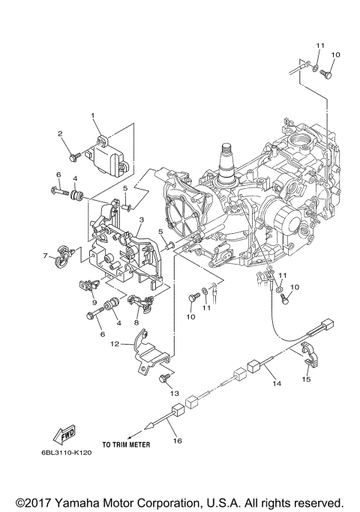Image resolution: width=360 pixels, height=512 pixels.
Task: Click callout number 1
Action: (x=94, y=116)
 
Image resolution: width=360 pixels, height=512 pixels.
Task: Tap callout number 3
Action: (x=140, y=219)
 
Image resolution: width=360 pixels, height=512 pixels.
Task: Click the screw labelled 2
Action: (x=74, y=155)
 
